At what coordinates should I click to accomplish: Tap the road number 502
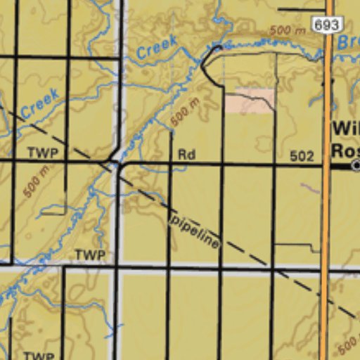coord(301,156)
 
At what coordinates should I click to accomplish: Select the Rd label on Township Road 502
coord(186,155)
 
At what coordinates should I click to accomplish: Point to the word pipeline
coord(194,229)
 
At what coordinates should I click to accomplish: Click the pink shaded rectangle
coord(250,101)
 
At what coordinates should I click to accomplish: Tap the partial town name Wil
coord(345,129)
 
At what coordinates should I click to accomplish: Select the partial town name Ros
coord(345,150)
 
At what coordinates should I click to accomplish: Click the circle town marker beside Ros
coord(356,165)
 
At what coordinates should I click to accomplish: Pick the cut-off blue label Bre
coord(348,42)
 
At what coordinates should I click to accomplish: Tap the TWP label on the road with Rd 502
coord(42,152)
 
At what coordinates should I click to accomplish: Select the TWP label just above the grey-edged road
coord(89,255)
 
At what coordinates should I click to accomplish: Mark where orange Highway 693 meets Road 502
coord(326,166)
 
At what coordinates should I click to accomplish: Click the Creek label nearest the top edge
coord(157,48)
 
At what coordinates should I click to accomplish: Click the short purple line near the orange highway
coord(309,188)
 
